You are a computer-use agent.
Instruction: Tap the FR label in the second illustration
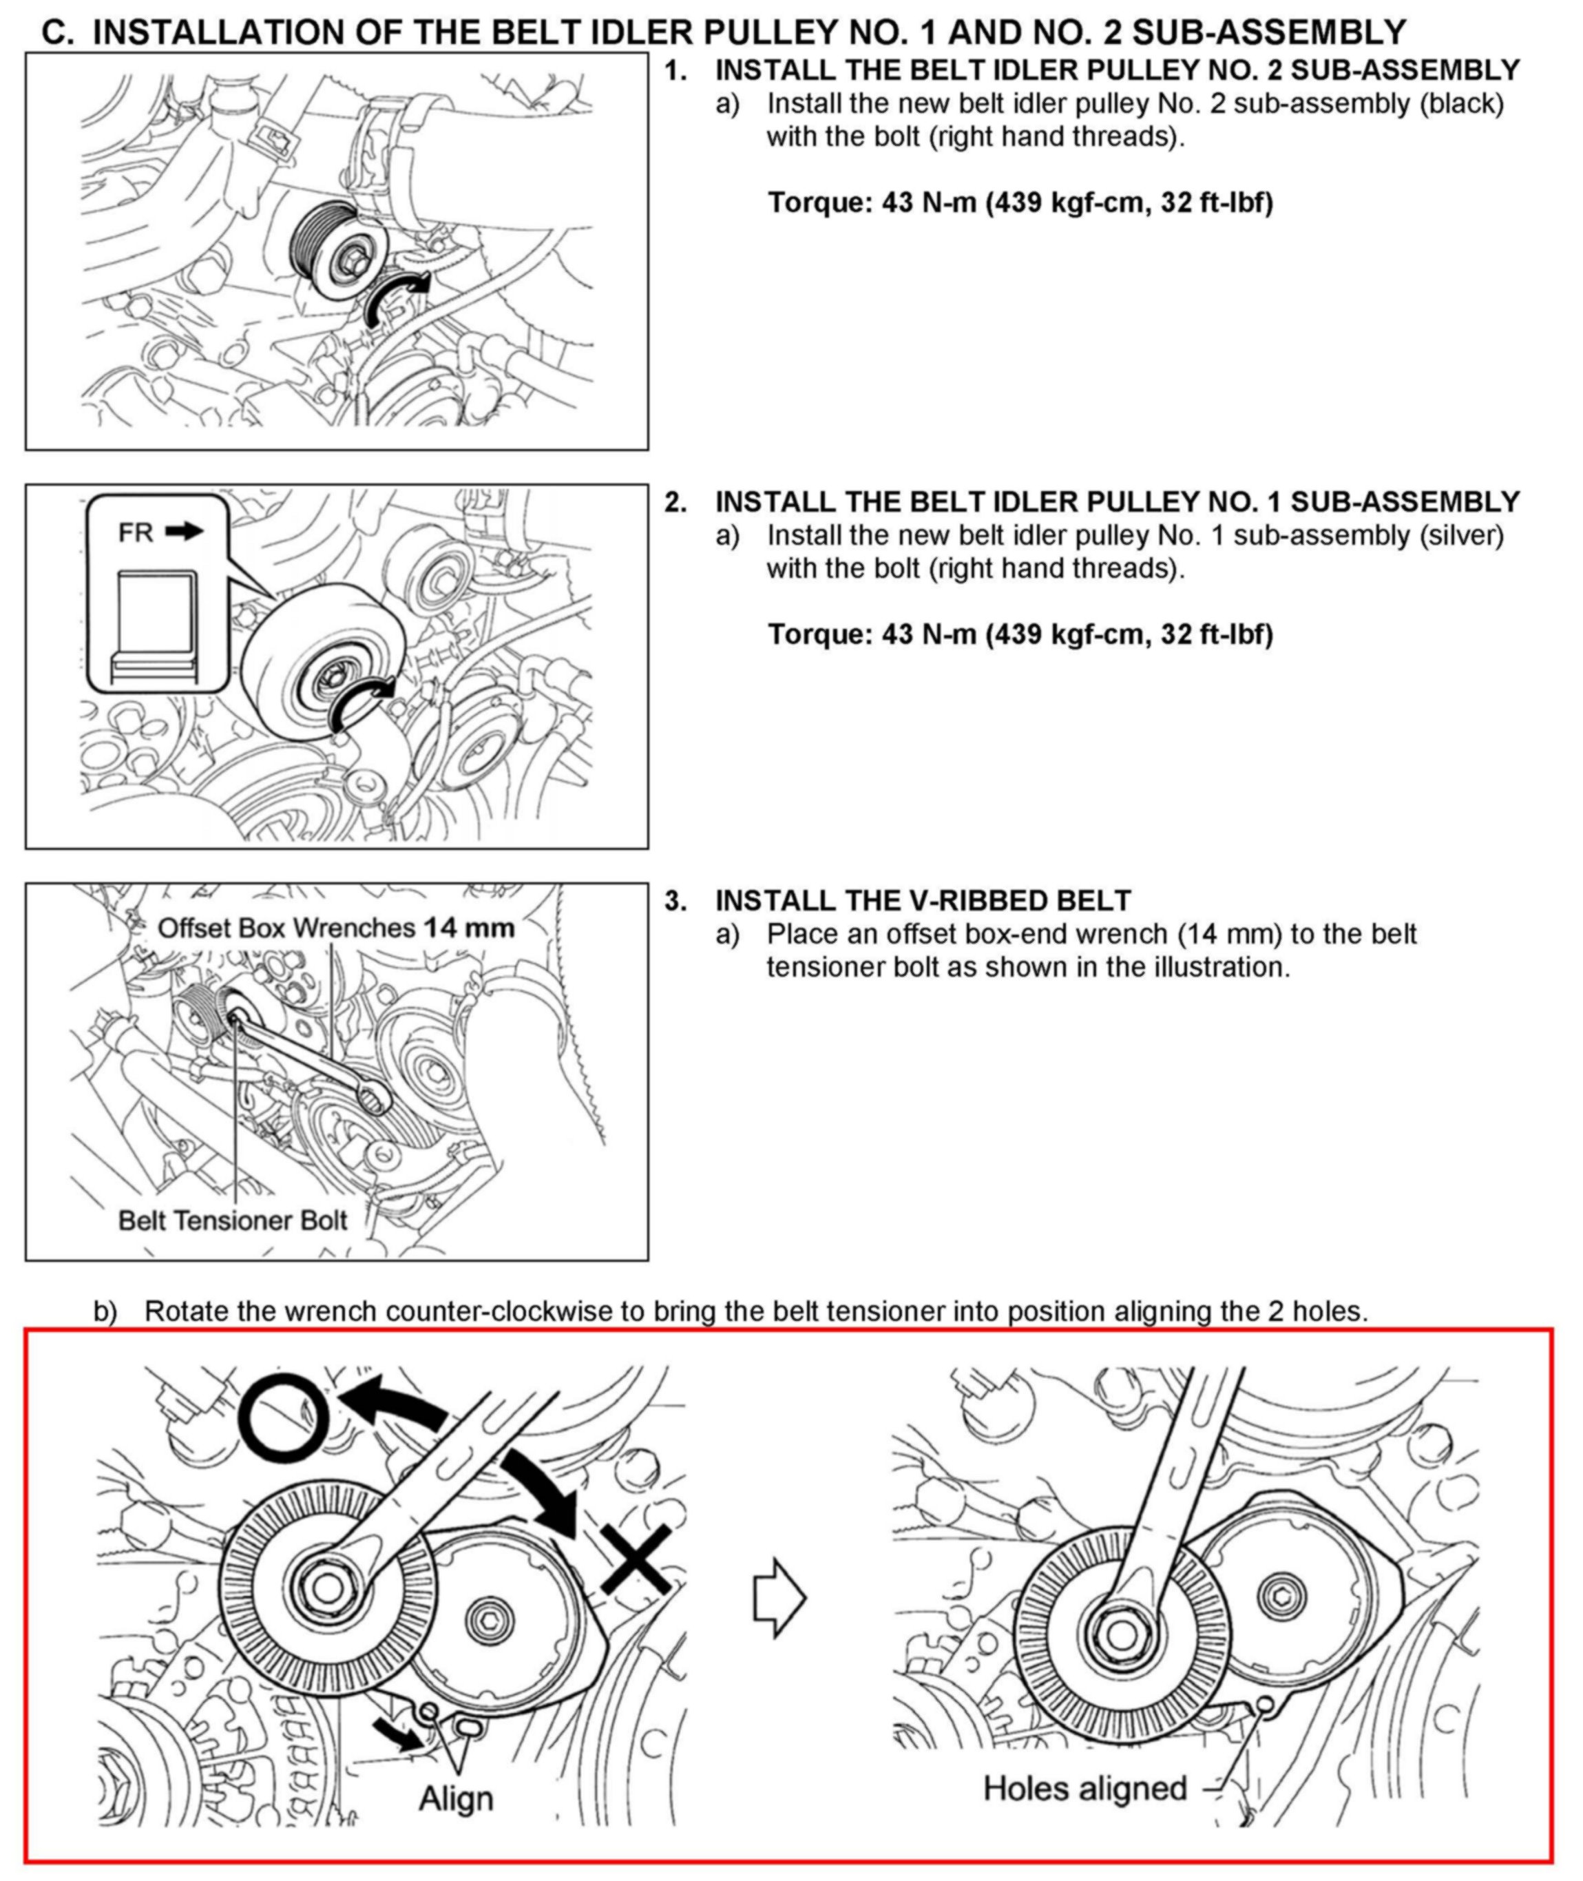[x=136, y=532]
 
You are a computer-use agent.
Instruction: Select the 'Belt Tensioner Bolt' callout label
[x=233, y=1220]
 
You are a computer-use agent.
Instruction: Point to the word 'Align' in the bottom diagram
[x=456, y=1798]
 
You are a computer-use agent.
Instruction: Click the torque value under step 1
[x=1020, y=202]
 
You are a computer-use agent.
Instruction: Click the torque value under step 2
[x=1020, y=634]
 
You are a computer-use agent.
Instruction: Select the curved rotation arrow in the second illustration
[x=361, y=704]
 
